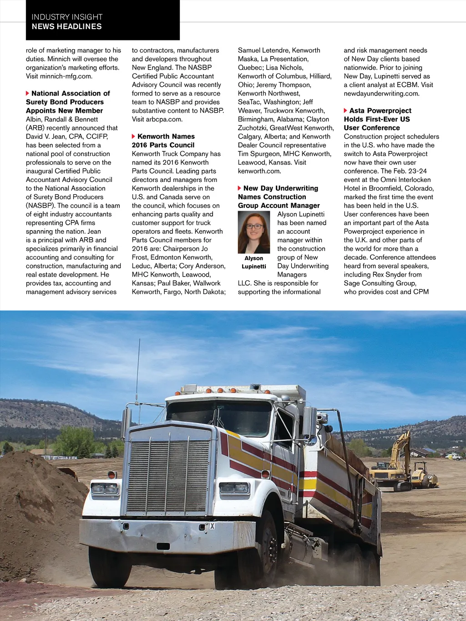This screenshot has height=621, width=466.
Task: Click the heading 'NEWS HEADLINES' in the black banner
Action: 66,26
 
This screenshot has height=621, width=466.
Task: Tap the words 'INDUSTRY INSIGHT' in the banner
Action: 67,17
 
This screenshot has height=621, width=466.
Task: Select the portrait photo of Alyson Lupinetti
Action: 254,232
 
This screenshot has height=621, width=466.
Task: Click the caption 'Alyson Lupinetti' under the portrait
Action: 254,262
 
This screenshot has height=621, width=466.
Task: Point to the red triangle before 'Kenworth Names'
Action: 133,136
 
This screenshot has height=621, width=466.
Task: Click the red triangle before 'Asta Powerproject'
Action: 345,111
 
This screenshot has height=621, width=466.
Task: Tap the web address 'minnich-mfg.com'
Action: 66,76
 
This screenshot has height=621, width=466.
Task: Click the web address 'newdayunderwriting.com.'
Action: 381,93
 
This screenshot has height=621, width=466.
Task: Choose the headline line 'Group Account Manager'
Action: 279,206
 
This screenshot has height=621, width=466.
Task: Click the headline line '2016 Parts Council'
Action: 163,145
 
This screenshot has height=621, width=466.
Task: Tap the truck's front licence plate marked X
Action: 212,526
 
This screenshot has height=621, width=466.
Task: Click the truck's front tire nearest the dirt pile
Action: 109,566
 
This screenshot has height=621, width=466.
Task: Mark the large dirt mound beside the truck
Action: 36,510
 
